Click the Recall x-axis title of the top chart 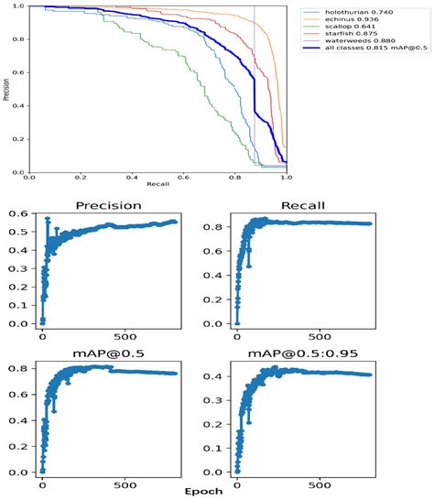157,188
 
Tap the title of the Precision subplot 107,204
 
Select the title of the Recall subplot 303,204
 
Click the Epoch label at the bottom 216,493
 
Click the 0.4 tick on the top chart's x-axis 131,179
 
